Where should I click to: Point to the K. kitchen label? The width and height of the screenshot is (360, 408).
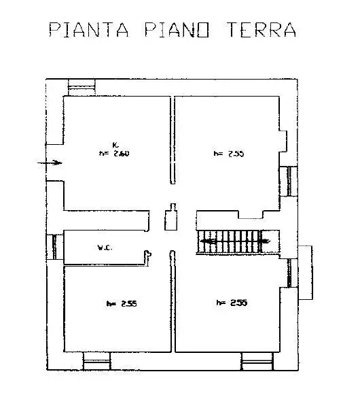point(116,144)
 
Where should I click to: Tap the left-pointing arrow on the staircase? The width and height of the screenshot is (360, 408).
point(207,241)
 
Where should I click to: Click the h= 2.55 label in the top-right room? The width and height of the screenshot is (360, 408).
point(228,154)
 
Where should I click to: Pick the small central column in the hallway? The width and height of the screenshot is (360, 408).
point(171,218)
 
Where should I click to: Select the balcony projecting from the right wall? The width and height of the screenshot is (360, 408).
point(307,271)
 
